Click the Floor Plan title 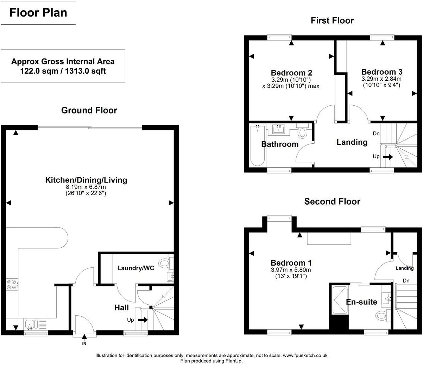[38, 13]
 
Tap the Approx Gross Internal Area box [63, 66]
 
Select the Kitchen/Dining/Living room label [86, 180]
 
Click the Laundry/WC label [135, 268]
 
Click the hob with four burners [11, 284]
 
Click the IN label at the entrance [84, 343]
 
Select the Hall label [121, 308]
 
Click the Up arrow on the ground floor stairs [143, 320]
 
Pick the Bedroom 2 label [291, 73]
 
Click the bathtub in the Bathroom [257, 146]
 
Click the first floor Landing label [352, 142]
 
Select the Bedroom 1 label [291, 263]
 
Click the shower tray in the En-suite [340, 299]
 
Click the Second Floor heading [332, 201]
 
